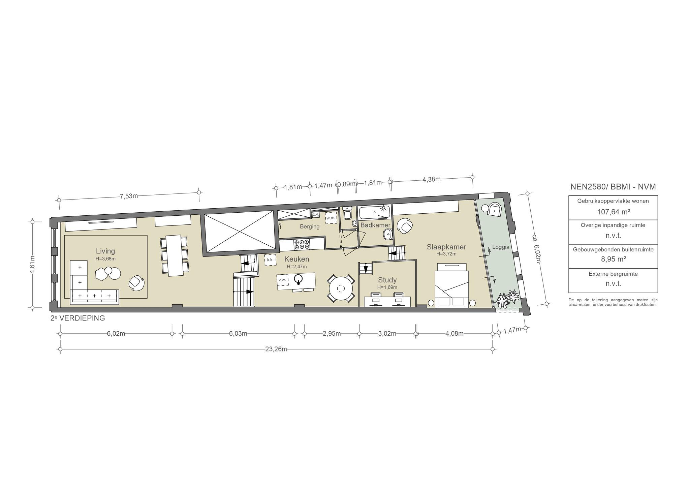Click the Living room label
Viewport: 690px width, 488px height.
[105, 251]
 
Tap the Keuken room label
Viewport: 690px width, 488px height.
[296, 259]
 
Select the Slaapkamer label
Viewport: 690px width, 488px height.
[446, 247]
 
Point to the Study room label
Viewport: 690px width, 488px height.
[387, 280]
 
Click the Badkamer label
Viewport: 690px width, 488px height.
[375, 225]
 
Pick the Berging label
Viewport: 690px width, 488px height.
[310, 226]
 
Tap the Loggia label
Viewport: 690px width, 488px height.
[501, 247]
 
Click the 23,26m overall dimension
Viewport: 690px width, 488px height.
[276, 349]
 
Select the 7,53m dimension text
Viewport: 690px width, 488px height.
[129, 196]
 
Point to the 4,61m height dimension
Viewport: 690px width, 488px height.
[33, 265]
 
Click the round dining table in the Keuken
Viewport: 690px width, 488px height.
[341, 288]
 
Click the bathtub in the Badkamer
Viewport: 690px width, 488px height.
[374, 213]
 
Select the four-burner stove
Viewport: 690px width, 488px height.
[302, 244]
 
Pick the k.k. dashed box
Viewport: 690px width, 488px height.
[270, 260]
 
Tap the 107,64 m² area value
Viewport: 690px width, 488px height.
[613, 212]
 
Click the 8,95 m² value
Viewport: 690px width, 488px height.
[613, 259]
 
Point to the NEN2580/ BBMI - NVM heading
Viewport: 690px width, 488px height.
[613, 187]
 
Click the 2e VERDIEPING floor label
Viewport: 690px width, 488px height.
[77, 318]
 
